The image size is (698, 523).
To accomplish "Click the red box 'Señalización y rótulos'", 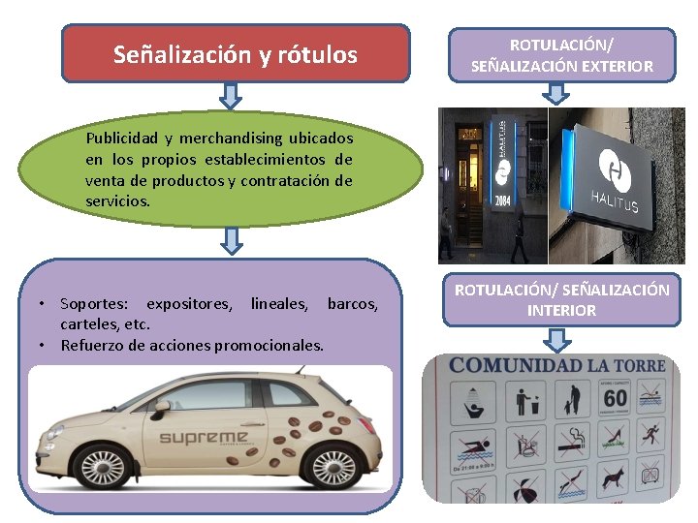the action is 236,54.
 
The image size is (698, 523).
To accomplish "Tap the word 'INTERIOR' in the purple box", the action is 561,310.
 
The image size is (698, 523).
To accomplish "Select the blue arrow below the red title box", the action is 231,95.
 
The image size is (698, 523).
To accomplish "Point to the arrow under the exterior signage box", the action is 556,93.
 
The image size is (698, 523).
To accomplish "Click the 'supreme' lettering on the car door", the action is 203,438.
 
